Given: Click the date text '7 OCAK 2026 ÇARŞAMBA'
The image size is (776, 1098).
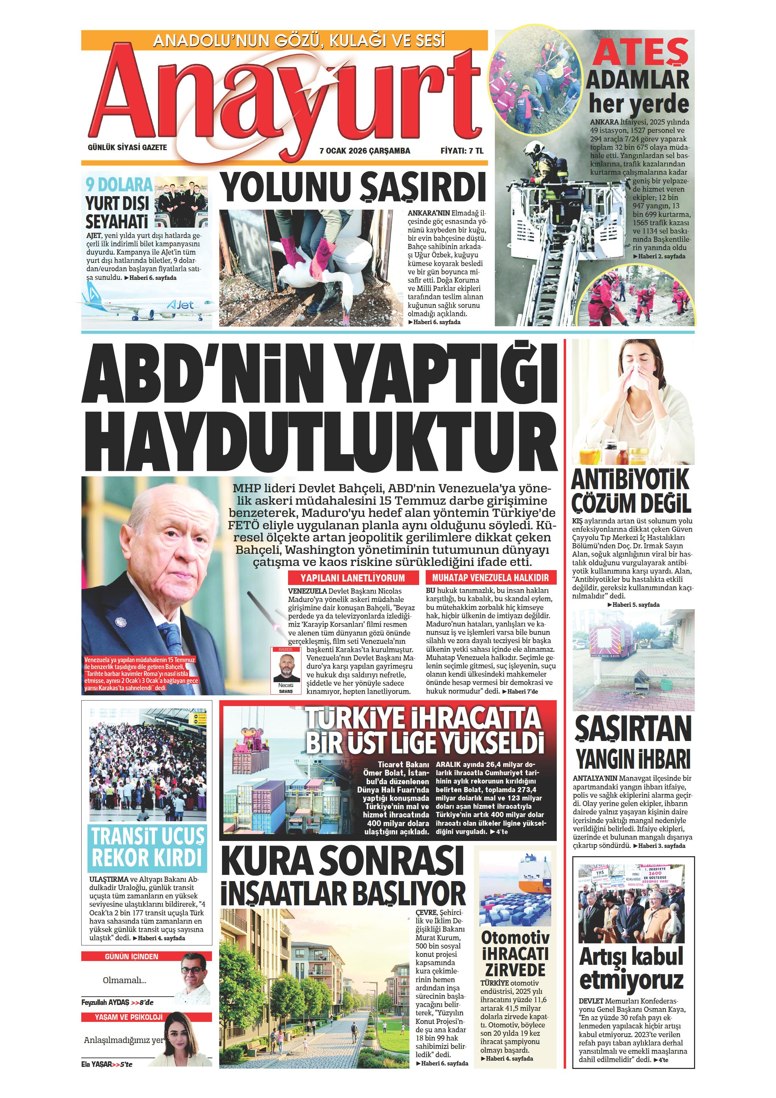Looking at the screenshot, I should [364, 150].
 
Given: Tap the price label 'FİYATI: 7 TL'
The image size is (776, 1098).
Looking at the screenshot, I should [462, 150].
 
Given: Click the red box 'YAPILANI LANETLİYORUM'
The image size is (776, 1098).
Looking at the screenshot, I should [352, 578].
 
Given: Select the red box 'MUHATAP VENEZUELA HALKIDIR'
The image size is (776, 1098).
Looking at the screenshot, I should [490, 578].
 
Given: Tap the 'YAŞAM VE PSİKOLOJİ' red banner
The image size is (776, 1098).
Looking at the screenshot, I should [128, 1017].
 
